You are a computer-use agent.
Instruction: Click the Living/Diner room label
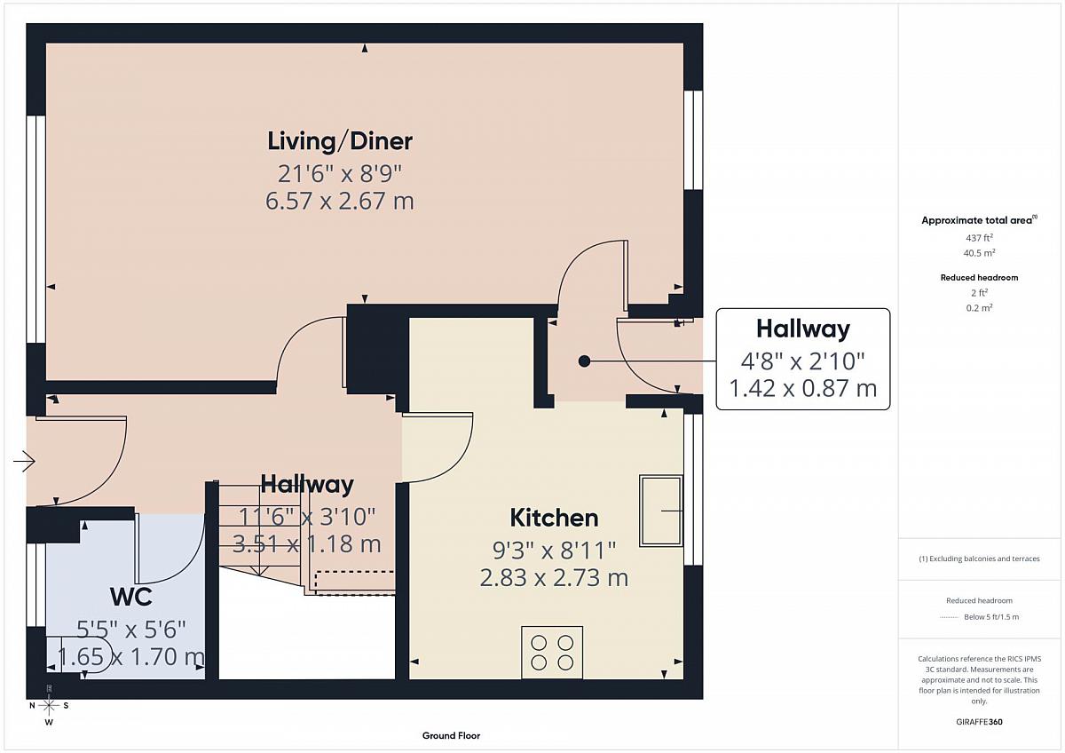point(340,141)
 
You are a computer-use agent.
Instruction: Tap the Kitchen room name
point(554,518)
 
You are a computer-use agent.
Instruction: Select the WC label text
point(130,597)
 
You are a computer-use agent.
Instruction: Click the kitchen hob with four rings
point(552,652)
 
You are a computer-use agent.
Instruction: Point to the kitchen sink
point(661,511)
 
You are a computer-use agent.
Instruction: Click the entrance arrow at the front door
point(24,461)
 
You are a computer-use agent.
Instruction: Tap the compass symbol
point(49,705)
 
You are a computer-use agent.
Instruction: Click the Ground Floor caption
point(451,735)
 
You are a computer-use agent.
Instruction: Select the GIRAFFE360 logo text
point(979,722)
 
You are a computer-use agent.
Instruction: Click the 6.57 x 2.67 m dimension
point(339,201)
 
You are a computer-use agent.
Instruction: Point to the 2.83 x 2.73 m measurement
point(554,578)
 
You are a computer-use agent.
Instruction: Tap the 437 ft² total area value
point(979,238)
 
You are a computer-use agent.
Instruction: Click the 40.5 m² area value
point(979,253)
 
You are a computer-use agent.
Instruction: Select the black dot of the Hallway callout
point(584,361)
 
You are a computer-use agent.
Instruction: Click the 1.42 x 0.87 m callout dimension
point(803,388)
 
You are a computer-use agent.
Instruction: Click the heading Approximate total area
point(979,220)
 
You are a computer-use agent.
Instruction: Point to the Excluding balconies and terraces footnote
point(979,559)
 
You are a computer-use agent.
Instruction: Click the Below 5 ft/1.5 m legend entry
point(991,617)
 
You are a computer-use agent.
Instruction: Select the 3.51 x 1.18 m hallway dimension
point(307,544)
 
